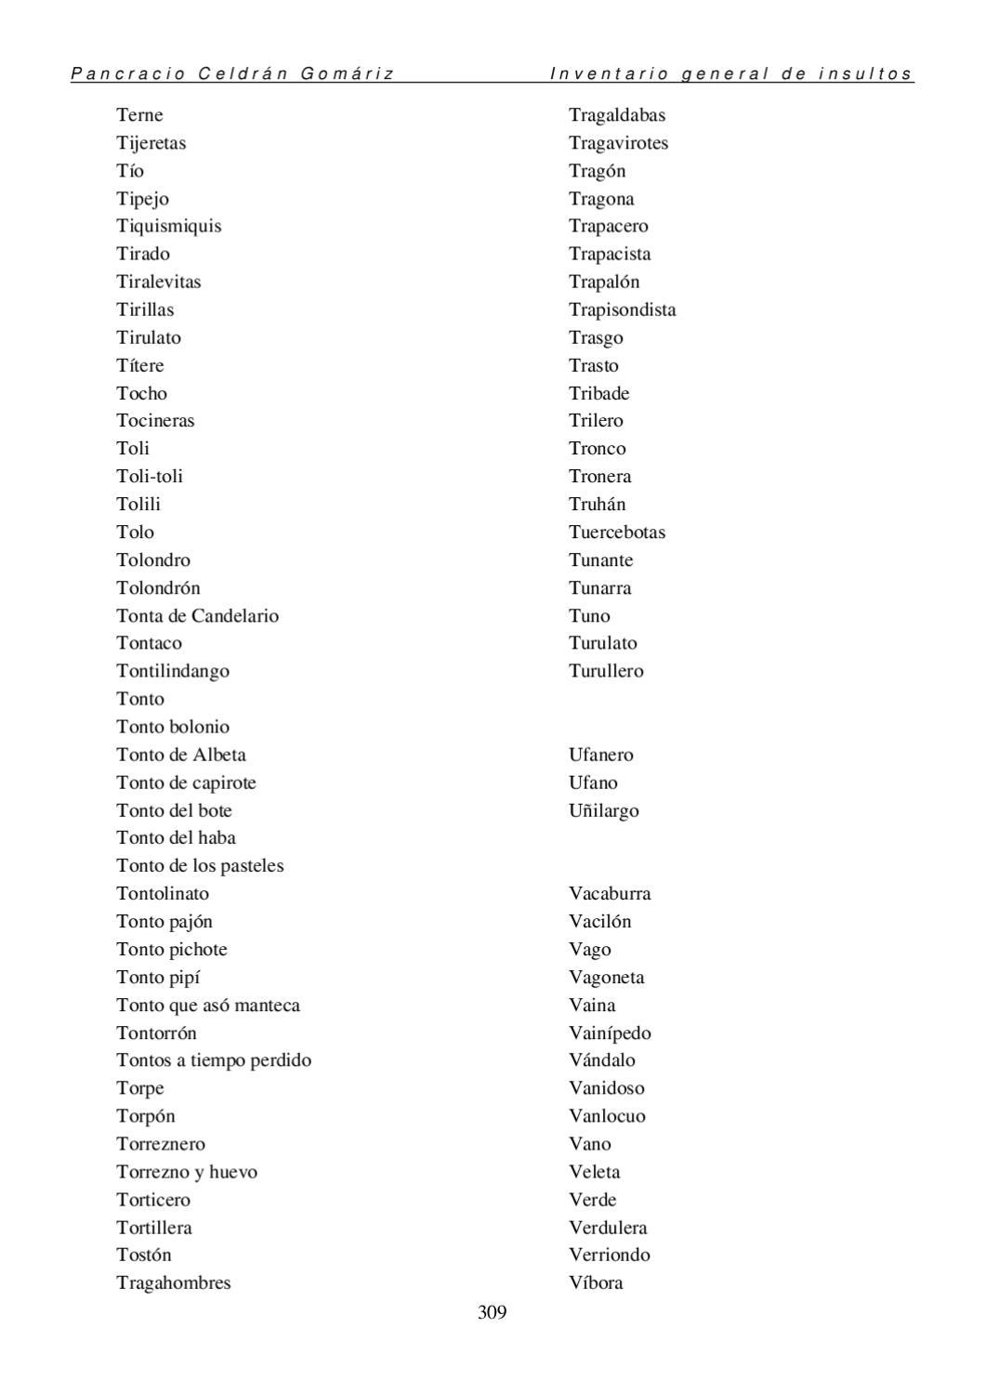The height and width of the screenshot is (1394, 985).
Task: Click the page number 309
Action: pos(492,1312)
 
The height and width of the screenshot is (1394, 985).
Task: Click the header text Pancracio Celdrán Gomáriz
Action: pos(232,73)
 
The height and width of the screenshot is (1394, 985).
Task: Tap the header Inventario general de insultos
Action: pos(731,73)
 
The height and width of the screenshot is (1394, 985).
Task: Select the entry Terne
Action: pos(139,115)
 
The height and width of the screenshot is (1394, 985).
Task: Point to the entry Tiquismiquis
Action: pos(168,226)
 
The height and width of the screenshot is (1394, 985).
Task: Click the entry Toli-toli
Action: pos(150,476)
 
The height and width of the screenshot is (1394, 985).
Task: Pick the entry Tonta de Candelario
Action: pos(197,615)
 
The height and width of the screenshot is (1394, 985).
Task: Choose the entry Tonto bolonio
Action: pos(173,727)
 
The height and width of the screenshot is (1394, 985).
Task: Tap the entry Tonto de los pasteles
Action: pos(200,865)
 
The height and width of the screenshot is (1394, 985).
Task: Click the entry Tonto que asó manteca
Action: pos(208,1005)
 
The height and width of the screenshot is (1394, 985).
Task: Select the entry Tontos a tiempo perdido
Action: pos(214,1059)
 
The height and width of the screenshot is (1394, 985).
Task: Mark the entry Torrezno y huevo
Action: pos(187,1171)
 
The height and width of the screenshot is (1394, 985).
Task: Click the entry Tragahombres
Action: pos(174,1282)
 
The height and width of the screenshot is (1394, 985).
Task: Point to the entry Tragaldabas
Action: pos(617,115)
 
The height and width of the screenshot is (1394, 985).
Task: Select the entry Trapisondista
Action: pos(623,309)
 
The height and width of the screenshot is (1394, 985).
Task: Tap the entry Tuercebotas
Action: pos(617,532)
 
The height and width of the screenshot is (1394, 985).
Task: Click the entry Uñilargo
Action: pos(604,810)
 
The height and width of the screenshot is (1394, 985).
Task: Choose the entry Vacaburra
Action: pos(610,893)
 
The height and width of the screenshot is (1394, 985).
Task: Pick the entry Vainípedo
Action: pos(610,1032)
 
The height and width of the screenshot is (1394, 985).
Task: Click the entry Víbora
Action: pos(596,1282)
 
